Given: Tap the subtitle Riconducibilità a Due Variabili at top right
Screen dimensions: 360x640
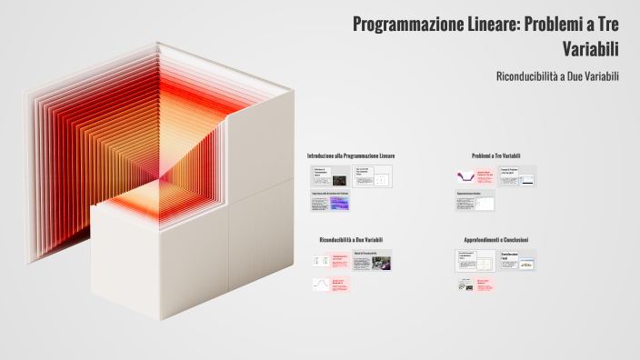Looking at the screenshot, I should [557, 76].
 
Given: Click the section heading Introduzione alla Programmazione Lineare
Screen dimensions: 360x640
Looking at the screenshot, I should [351, 156].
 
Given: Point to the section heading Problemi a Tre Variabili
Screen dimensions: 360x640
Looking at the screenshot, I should [495, 156].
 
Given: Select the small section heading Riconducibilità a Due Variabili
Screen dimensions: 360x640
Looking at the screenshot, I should [351, 239].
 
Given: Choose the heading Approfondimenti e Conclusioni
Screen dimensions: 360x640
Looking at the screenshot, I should [495, 240].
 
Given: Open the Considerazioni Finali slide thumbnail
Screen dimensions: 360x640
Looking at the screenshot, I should [516, 260].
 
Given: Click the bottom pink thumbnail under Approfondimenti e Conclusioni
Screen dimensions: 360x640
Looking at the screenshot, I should [475, 285].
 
